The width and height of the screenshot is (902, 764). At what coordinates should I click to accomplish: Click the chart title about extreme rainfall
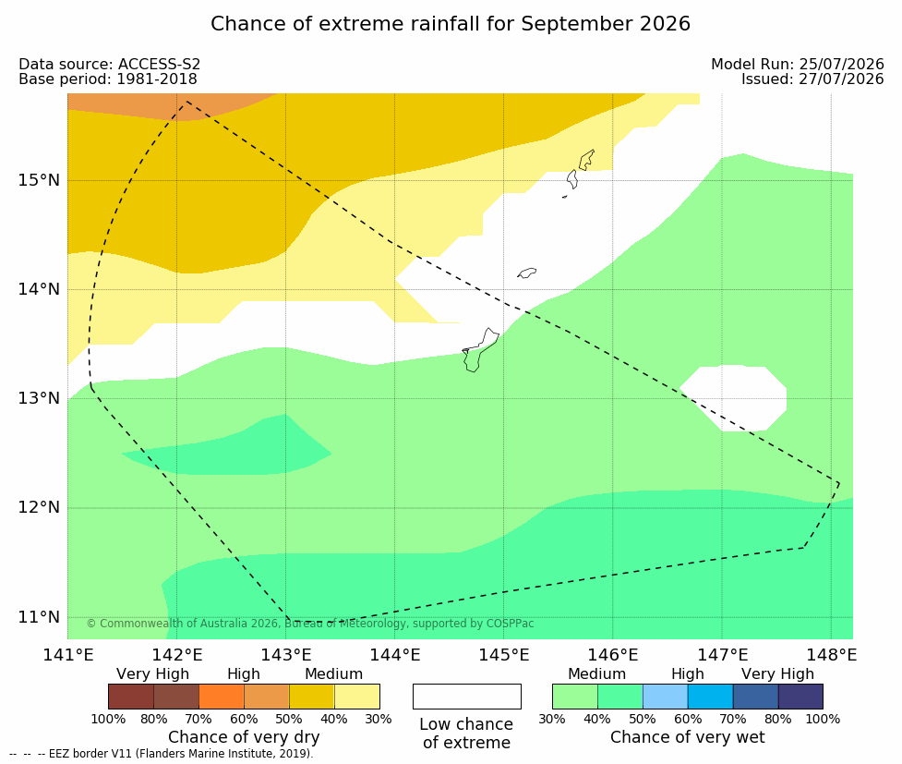tap(450, 24)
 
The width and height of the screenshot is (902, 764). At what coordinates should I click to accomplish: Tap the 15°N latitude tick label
tap(39, 180)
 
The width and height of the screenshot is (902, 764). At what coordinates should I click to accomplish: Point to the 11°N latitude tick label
tap(39, 617)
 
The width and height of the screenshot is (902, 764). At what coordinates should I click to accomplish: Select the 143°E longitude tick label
tap(286, 655)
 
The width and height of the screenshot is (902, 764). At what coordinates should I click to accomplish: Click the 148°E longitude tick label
tap(831, 655)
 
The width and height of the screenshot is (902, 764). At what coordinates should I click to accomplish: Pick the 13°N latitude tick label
tap(39, 398)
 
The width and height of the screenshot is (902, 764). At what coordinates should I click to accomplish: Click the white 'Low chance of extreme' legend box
tap(466, 697)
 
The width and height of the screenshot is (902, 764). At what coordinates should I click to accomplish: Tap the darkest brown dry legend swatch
tap(131, 697)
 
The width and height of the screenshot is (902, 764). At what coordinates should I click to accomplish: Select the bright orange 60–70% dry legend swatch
tap(222, 697)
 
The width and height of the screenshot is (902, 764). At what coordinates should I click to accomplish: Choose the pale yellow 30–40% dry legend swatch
tap(357, 697)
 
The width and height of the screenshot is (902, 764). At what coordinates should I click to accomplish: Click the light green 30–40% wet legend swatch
tap(574, 697)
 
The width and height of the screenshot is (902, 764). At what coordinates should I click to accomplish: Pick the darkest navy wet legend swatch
tap(800, 697)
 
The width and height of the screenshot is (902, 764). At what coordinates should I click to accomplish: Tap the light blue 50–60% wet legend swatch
tap(665, 697)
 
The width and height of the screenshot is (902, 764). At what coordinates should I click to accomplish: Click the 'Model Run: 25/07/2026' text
tap(798, 65)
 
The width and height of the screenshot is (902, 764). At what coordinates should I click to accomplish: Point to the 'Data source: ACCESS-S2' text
tap(109, 65)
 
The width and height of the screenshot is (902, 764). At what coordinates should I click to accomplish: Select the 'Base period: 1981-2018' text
tap(108, 79)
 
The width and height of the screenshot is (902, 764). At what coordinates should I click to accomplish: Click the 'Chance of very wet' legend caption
tap(688, 737)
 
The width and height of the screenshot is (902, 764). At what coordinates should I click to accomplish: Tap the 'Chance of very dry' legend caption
tap(244, 737)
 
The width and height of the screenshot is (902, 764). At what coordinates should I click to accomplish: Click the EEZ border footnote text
tap(162, 754)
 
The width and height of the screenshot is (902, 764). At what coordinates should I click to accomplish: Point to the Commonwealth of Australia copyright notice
tap(310, 624)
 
